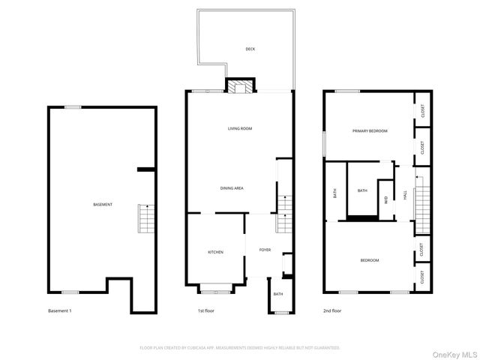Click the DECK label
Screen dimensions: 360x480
250,49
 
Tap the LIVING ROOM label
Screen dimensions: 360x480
240,129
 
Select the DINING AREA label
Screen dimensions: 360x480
231,188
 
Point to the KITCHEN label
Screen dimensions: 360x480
215,252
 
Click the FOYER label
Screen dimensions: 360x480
265,250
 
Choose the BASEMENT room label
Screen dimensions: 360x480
103,205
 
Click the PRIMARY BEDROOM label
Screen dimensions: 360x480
370,131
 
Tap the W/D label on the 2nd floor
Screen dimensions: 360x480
386,199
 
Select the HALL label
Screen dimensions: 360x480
405,193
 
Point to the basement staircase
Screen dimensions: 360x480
144,218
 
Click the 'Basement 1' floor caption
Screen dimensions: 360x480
59,310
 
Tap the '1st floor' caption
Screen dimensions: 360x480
207,310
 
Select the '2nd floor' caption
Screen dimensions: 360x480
332,310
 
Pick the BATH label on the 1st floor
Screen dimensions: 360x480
277,294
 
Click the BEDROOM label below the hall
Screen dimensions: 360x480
369,260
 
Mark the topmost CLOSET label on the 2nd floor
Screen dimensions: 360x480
422,111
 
